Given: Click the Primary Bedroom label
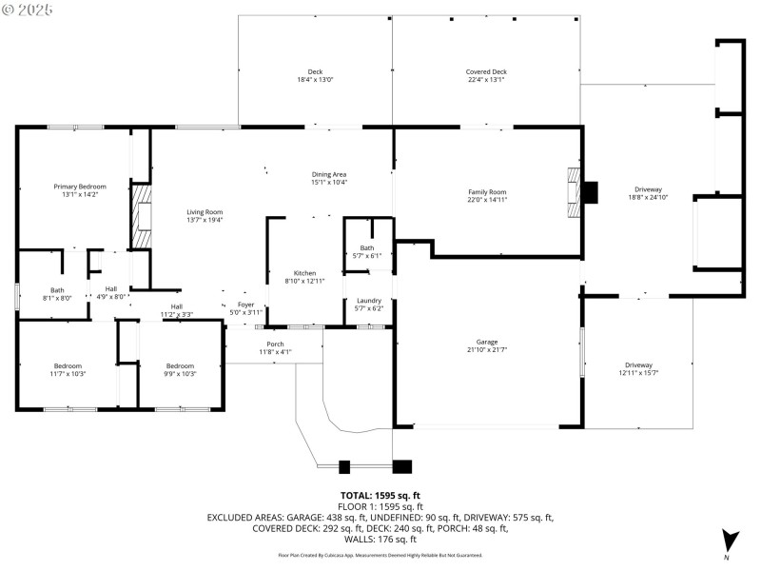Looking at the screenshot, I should tap(80, 187).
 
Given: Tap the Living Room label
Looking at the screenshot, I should tap(205, 212).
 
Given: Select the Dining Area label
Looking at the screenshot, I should tap(329, 174).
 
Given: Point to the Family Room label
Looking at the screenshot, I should tap(486, 192).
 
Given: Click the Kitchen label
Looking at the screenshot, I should tap(304, 273).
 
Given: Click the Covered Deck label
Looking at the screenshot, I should tap(486, 72).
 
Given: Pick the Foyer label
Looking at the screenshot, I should tap(245, 305).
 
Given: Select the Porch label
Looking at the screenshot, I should tap(275, 344).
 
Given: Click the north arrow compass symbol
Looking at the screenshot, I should tap(729, 540).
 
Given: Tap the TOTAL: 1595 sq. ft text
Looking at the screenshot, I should tap(380, 495).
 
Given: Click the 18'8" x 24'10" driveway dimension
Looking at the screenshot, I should tap(648, 198).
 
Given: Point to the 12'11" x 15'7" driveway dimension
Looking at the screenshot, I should tap(638, 373).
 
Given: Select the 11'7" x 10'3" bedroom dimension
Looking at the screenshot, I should tap(68, 373).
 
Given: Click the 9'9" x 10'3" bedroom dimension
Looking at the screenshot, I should tap(180, 373).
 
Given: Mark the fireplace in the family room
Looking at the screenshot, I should tap(574, 193).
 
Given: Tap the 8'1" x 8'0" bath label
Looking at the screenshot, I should tap(57, 298).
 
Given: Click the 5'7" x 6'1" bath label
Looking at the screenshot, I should tap(367, 255).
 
